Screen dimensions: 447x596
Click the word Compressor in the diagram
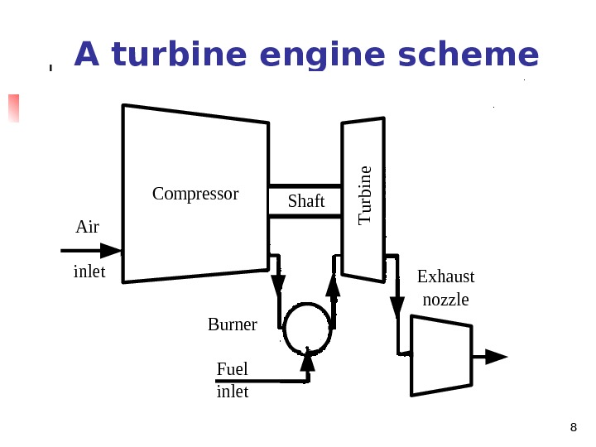pyautogui.click(x=195, y=194)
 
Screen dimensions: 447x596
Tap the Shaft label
pyautogui.click(x=306, y=201)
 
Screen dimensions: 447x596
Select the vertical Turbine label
pyautogui.click(x=365, y=195)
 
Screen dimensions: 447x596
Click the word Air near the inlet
pyautogui.click(x=87, y=227)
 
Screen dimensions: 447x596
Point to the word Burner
pyautogui.click(x=232, y=324)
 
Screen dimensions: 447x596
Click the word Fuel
pyautogui.click(x=232, y=368)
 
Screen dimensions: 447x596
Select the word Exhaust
pyautogui.click(x=445, y=276)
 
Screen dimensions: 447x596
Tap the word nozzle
pyautogui.click(x=445, y=300)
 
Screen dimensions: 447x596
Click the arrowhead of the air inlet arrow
pyautogui.click(x=112, y=250)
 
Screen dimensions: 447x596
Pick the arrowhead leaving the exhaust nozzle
pyautogui.click(x=496, y=357)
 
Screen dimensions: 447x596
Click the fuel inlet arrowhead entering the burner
pyautogui.click(x=308, y=360)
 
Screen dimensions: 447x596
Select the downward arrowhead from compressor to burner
pyautogui.click(x=278, y=286)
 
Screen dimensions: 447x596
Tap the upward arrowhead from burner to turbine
pyautogui.click(x=334, y=285)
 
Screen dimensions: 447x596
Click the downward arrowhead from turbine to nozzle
pyautogui.click(x=397, y=307)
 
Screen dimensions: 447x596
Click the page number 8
pyautogui.click(x=573, y=427)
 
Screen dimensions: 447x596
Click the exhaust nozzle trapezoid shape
pyautogui.click(x=442, y=356)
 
